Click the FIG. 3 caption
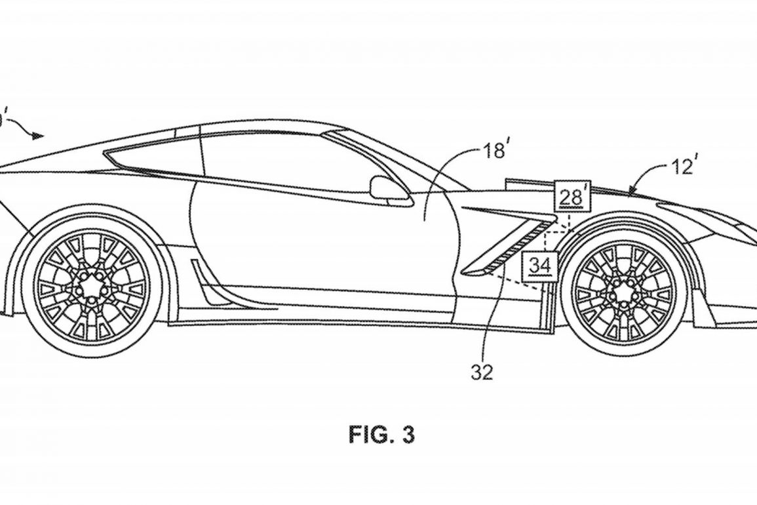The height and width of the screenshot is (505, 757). tap(381, 435)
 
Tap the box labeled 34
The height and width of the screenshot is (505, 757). tap(540, 266)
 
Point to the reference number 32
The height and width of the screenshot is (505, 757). tap(482, 372)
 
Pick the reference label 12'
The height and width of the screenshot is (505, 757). tap(682, 167)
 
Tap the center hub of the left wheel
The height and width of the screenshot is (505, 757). tap(91, 287)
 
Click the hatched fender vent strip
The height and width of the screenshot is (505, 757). tap(518, 248)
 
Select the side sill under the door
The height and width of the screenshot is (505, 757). tap(315, 315)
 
